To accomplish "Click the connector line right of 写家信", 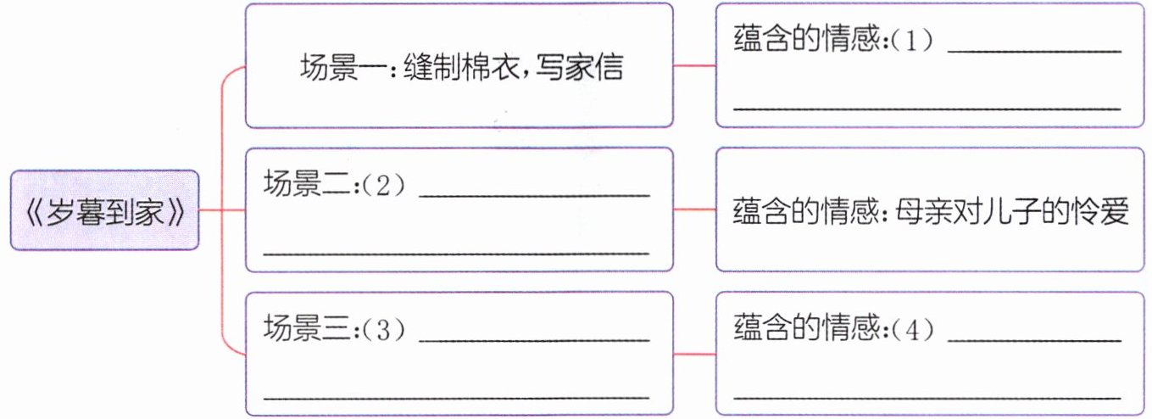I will click(694, 66).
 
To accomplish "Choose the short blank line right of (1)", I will click(1033, 53).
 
